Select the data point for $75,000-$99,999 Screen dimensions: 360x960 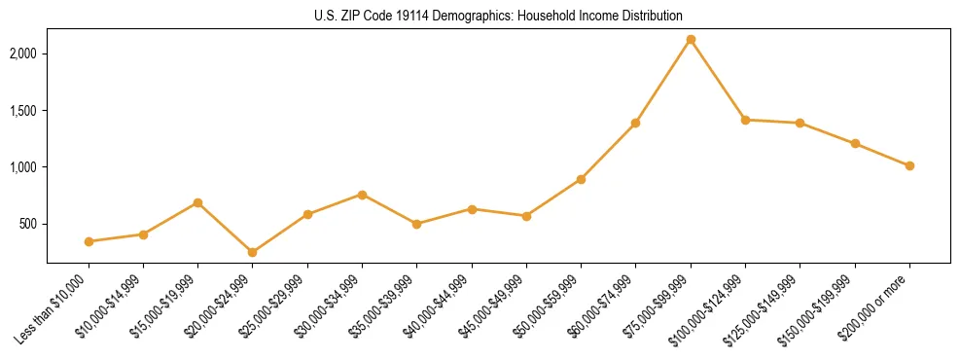(691, 40)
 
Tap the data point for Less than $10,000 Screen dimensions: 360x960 (89, 241)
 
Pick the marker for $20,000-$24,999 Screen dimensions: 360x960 (253, 252)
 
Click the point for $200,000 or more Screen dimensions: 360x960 (909, 165)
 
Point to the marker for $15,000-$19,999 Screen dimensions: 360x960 (197, 202)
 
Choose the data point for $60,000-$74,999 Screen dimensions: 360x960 (636, 123)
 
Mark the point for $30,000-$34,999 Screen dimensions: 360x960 (362, 195)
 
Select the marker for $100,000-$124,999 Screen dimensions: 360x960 (745, 120)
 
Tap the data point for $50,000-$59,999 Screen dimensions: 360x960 (581, 179)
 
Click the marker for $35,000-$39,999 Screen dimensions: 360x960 (416, 224)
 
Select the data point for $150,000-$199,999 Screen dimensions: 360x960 (855, 143)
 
